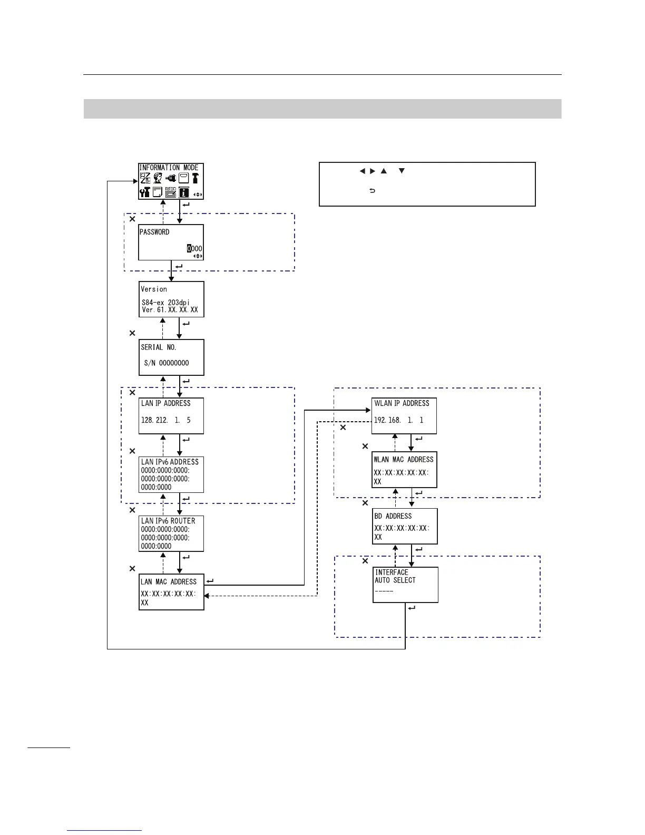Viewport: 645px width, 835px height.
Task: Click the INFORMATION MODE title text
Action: (169, 168)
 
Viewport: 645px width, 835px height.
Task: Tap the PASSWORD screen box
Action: (171, 242)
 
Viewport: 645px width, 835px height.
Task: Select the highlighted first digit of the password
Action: (190, 249)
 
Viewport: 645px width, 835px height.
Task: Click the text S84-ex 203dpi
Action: (165, 303)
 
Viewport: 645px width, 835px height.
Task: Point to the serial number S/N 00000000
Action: (167, 363)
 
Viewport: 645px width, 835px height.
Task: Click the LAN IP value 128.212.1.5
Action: (166, 420)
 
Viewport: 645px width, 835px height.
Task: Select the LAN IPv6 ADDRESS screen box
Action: (171, 474)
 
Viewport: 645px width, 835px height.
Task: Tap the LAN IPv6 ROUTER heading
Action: (168, 521)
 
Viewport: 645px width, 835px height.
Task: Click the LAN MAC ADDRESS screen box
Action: (171, 591)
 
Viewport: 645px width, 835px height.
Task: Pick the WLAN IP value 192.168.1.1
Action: (399, 420)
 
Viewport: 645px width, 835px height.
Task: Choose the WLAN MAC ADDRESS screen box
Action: (404, 470)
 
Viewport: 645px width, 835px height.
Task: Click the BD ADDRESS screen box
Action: (405, 526)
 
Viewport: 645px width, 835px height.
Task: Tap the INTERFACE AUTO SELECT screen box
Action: (405, 585)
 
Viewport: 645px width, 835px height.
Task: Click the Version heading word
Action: (154, 289)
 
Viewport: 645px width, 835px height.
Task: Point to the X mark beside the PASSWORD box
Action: (132, 219)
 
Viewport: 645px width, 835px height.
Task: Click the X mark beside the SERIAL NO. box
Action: (132, 333)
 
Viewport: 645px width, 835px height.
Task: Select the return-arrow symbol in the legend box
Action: (372, 191)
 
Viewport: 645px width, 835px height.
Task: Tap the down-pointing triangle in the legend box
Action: (402, 171)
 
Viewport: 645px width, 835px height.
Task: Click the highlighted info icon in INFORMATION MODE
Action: (184, 192)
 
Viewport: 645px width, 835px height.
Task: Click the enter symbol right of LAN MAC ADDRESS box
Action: (210, 581)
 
